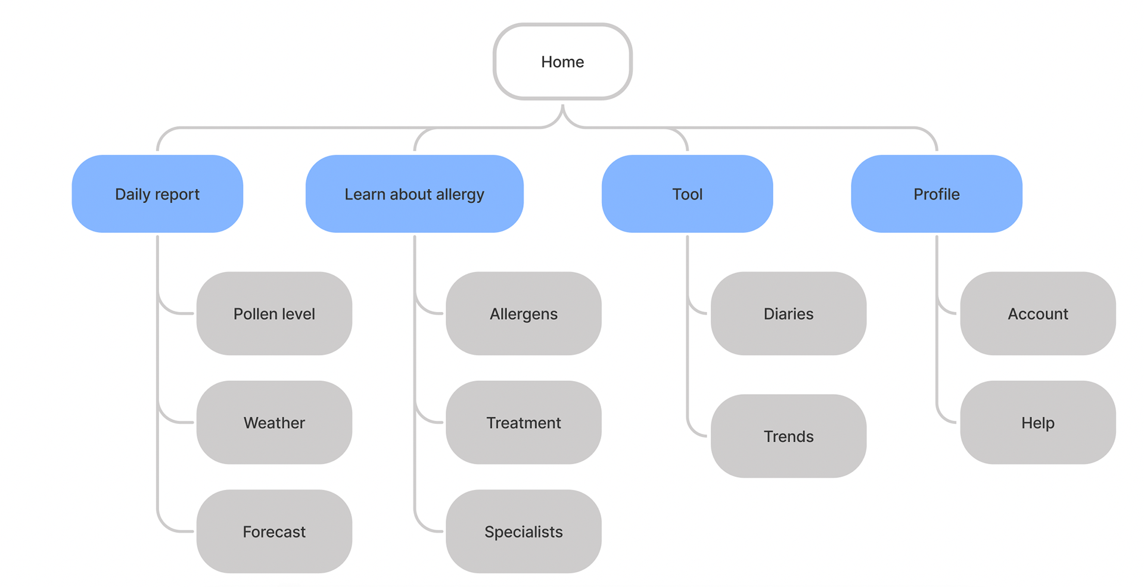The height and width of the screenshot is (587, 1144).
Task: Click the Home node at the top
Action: coord(562,61)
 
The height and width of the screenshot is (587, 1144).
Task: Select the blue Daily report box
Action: coord(157,193)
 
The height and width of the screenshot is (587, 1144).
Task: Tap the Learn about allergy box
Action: coord(414,193)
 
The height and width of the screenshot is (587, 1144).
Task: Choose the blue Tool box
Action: coord(687,193)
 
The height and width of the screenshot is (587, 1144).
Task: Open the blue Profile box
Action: coord(937,193)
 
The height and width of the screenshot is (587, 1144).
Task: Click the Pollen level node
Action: coord(274,314)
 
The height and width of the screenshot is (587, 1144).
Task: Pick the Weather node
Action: coord(274,423)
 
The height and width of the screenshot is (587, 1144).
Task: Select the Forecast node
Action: coord(274,532)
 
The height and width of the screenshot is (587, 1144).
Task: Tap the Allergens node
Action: coord(524,314)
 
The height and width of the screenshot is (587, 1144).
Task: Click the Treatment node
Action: coord(524,423)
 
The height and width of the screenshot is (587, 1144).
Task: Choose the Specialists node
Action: coord(524,532)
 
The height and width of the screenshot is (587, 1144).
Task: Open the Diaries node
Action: coord(788,314)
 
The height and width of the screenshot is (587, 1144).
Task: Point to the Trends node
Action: coord(788,436)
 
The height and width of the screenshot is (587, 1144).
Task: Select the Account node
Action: coord(1038,314)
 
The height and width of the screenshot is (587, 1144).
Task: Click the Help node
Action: coord(1038,423)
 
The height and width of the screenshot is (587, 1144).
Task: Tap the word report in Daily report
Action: coord(178,195)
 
